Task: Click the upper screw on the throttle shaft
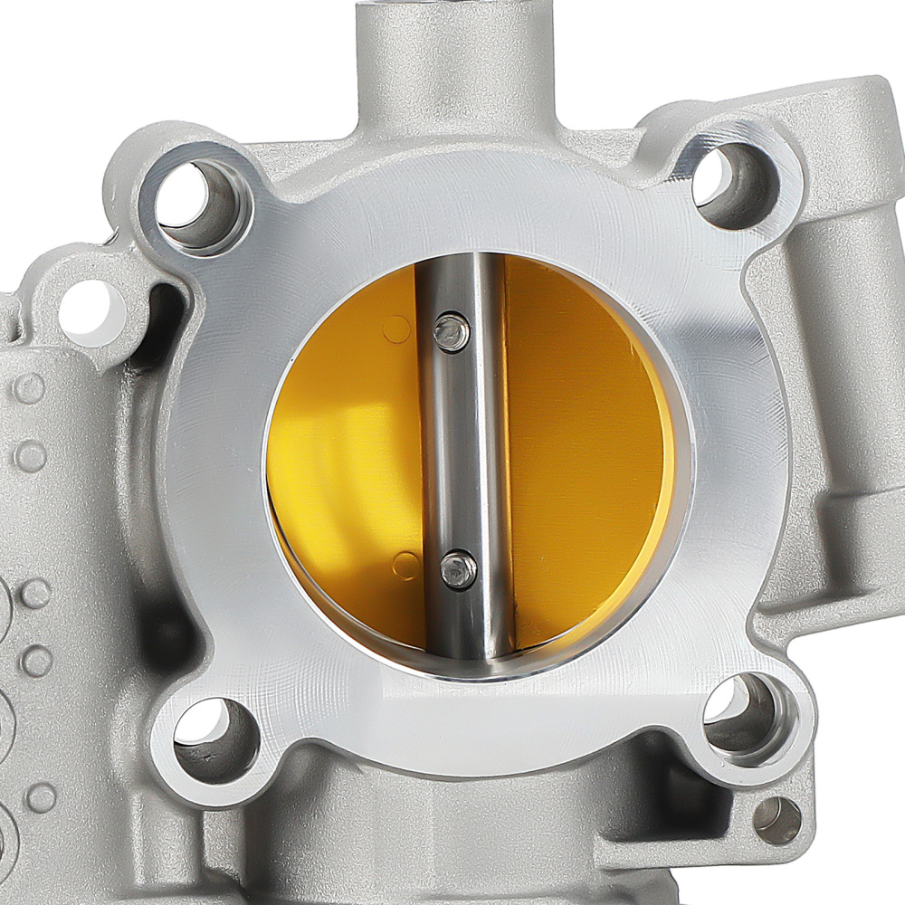(452, 331)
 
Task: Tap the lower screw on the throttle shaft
(459, 571)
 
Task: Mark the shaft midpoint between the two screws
(455, 451)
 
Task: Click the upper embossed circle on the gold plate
(395, 329)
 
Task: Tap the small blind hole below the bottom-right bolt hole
(776, 820)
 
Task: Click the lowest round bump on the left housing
(41, 798)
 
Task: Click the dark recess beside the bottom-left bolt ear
(163, 633)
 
